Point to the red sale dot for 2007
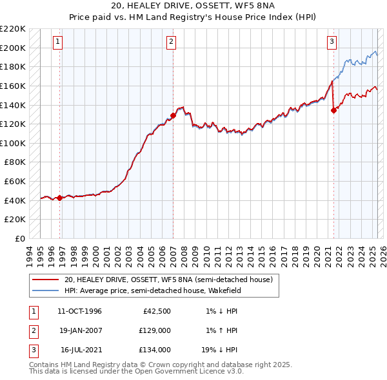[x=173, y=116]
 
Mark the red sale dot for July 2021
[x=333, y=110]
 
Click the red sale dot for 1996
[x=60, y=198]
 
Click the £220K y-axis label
[x=14, y=29]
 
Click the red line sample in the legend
[x=45, y=280]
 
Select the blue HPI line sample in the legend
[x=45, y=290]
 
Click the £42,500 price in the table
[x=155, y=312]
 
